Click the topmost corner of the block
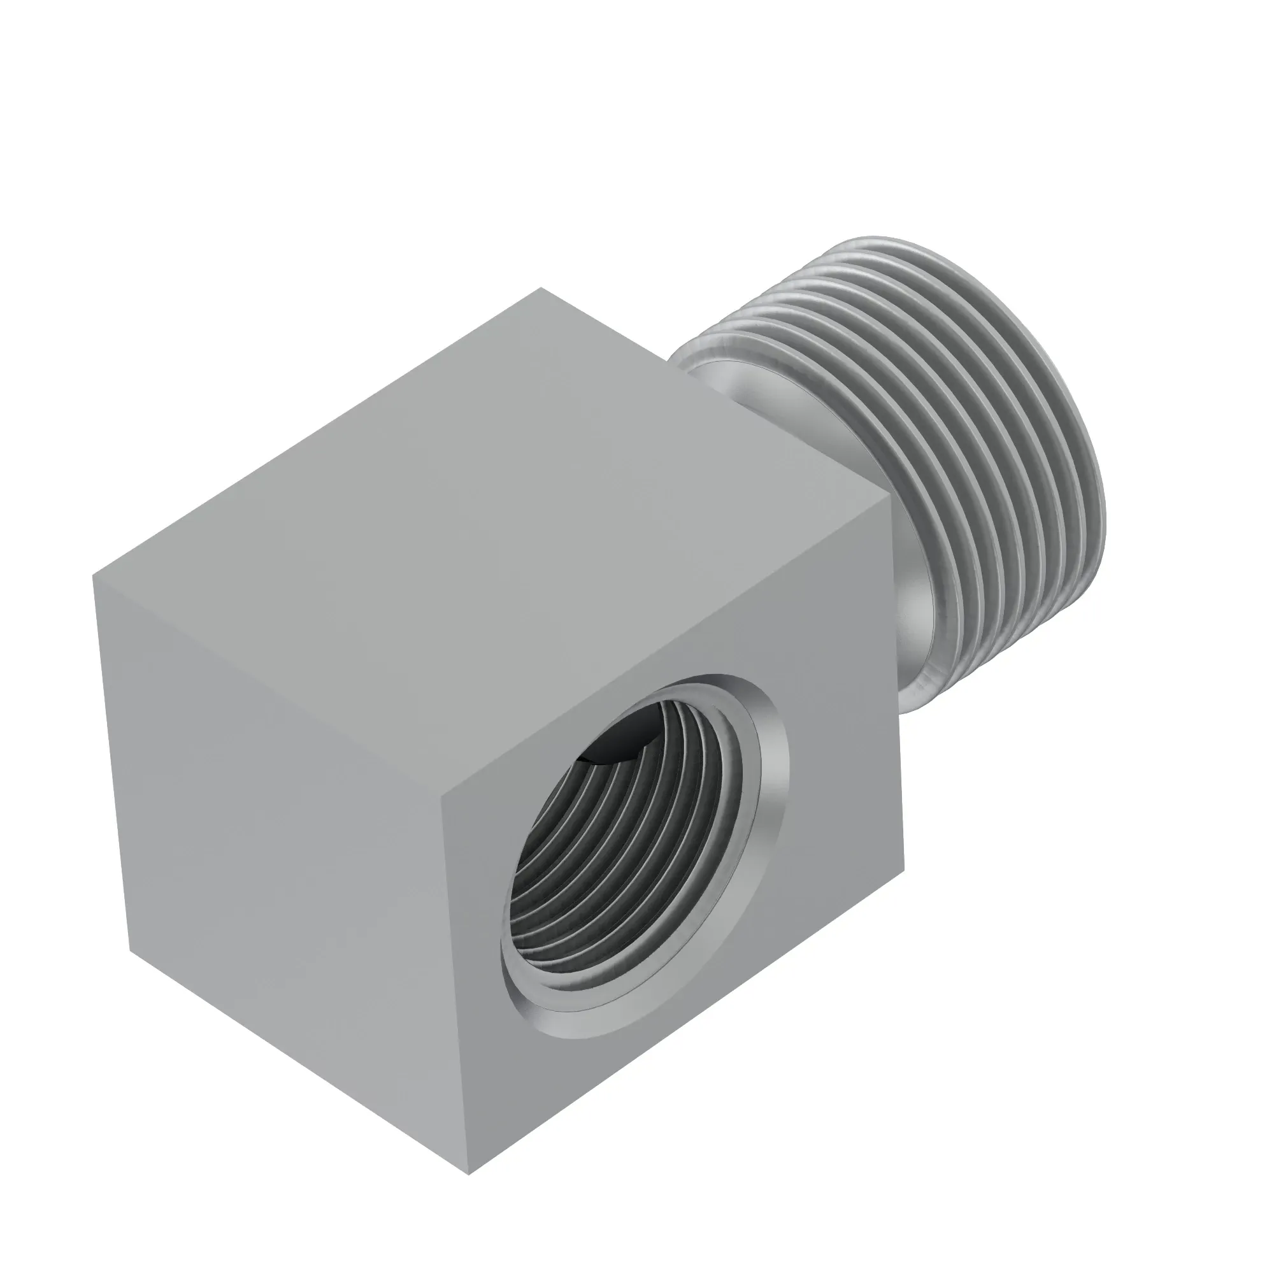(541, 288)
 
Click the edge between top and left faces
(264, 682)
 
